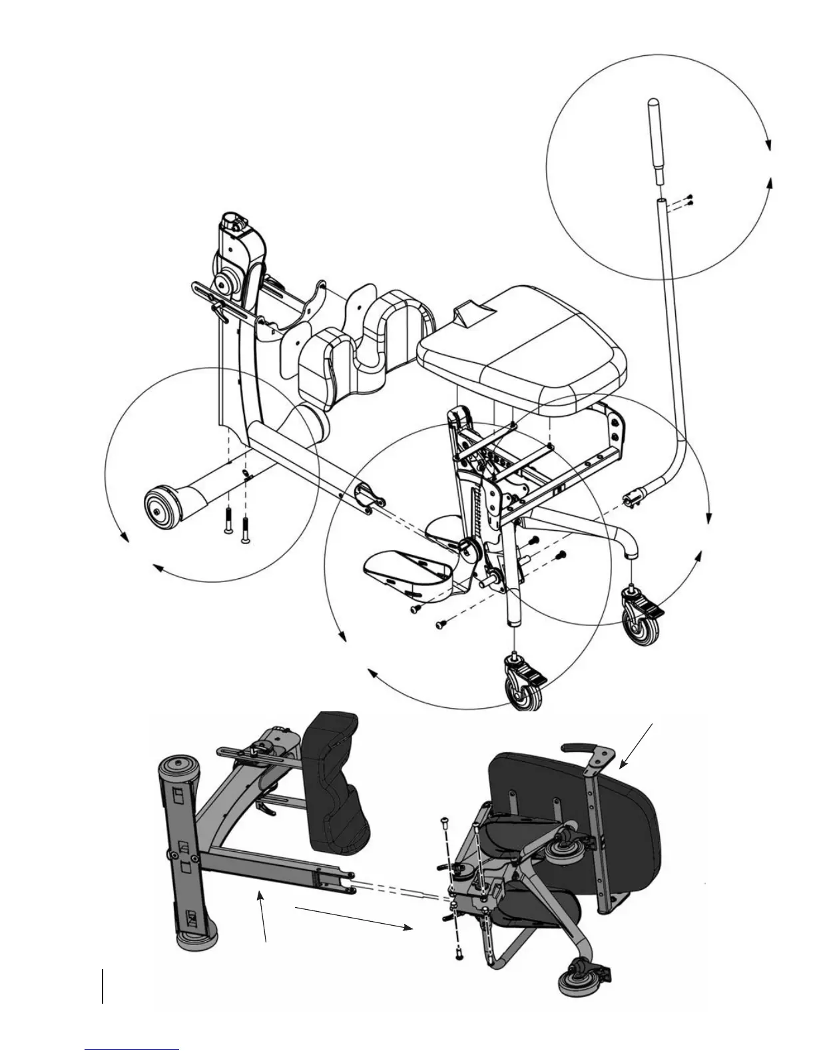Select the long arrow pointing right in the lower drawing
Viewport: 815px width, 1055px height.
[353, 916]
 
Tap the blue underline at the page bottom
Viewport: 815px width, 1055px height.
[132, 1048]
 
